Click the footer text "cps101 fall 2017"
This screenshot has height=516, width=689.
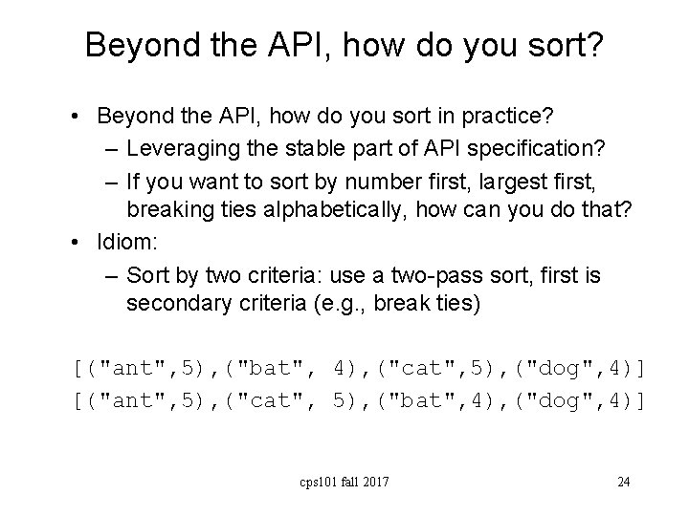[345, 482]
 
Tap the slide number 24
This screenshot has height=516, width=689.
[623, 482]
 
